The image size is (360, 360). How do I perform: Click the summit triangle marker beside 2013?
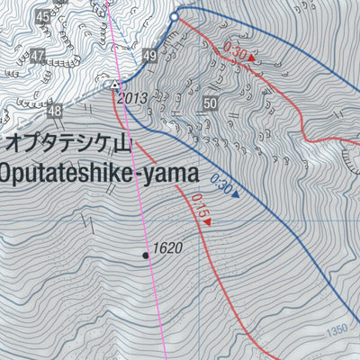[115, 85]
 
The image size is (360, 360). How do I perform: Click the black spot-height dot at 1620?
[146, 256]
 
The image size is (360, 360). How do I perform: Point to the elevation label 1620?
[168, 247]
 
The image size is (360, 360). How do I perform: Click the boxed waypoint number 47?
[37, 56]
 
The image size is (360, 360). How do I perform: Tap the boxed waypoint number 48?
[55, 112]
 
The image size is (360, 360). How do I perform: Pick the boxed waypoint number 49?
[149, 57]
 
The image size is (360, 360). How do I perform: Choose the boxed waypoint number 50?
[211, 104]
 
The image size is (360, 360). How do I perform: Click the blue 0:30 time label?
[221, 187]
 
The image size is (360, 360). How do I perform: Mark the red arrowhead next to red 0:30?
[252, 59]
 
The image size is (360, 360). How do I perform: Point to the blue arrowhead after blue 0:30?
[236, 194]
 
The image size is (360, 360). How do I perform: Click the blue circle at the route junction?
[175, 12]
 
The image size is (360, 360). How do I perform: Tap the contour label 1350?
[337, 331]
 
